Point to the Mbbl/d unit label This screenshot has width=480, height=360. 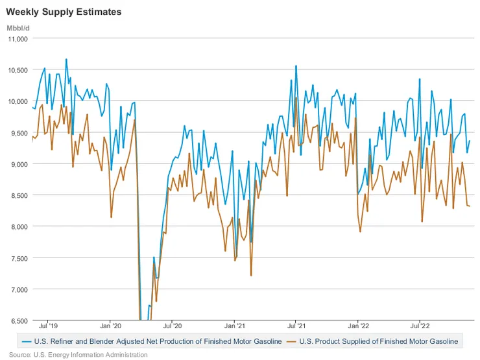pyautogui.click(x=18, y=27)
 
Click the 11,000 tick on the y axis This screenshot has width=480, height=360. pyautogui.click(x=17, y=39)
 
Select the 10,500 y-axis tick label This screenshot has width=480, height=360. pyautogui.click(x=17, y=70)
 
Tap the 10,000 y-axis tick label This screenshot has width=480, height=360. pyautogui.click(x=17, y=101)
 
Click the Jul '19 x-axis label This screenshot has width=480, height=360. pyautogui.click(x=47, y=328)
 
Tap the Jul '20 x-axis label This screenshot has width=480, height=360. pyautogui.click(x=172, y=328)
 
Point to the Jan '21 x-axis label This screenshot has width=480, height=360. pyautogui.click(x=234, y=328)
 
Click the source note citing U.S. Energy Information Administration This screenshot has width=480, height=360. pyautogui.click(x=78, y=355)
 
